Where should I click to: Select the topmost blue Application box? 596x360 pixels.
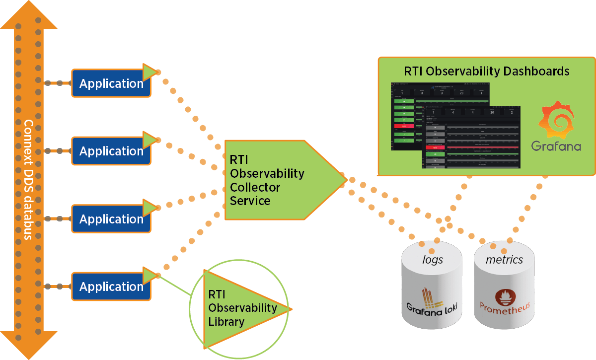pyautogui.click(x=111, y=83)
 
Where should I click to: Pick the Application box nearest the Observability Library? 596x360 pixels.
pyautogui.click(x=111, y=287)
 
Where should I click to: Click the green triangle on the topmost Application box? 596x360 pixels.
pyautogui.click(x=149, y=72)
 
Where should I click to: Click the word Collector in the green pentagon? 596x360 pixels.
pyautogui.click(x=255, y=187)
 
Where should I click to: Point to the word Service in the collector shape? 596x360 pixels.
pyautogui.click(x=250, y=201)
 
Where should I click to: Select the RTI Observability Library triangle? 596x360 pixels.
pyautogui.click(x=243, y=308)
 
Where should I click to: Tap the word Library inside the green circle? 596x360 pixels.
pyautogui.click(x=226, y=322)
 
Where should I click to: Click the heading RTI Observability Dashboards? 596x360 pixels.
pyautogui.click(x=487, y=71)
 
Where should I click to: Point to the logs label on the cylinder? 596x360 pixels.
pyautogui.click(x=432, y=260)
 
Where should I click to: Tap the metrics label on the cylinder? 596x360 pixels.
pyautogui.click(x=504, y=260)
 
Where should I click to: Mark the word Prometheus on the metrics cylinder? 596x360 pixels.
pyautogui.click(x=504, y=306)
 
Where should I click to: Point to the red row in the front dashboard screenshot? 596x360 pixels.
pyautogui.click(x=435, y=147)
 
